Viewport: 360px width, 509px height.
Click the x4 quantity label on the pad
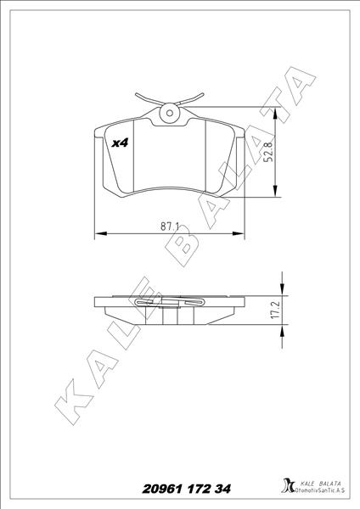point(119,143)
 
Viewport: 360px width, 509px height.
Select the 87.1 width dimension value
point(169,226)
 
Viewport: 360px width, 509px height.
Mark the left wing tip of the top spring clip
point(136,94)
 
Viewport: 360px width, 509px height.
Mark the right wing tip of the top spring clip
point(203,94)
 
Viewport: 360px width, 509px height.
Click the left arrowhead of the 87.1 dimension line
point(96,232)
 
